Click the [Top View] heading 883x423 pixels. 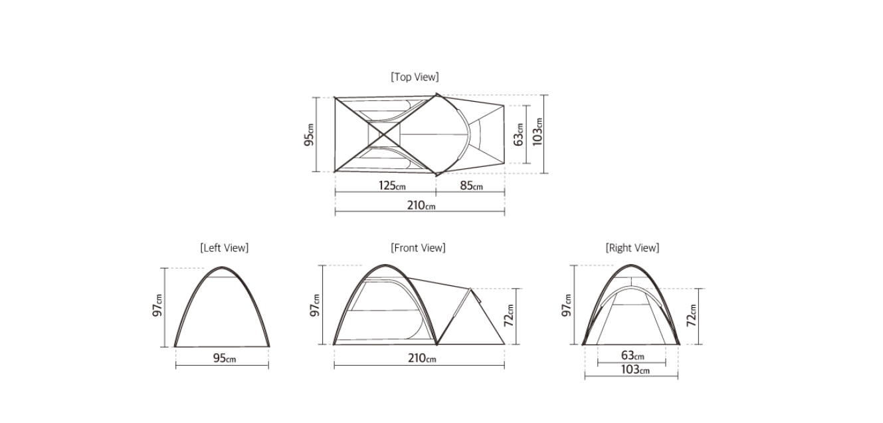click(x=415, y=77)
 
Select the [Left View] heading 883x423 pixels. click(x=225, y=248)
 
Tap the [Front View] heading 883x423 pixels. click(x=418, y=248)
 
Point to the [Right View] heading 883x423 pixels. click(x=633, y=248)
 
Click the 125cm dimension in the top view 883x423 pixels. click(x=392, y=186)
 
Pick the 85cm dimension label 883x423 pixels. click(x=472, y=186)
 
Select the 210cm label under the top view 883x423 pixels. click(x=421, y=206)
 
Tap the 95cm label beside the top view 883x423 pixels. click(x=310, y=134)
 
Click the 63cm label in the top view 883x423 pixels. click(x=519, y=134)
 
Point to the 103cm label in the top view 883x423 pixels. click(x=538, y=132)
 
